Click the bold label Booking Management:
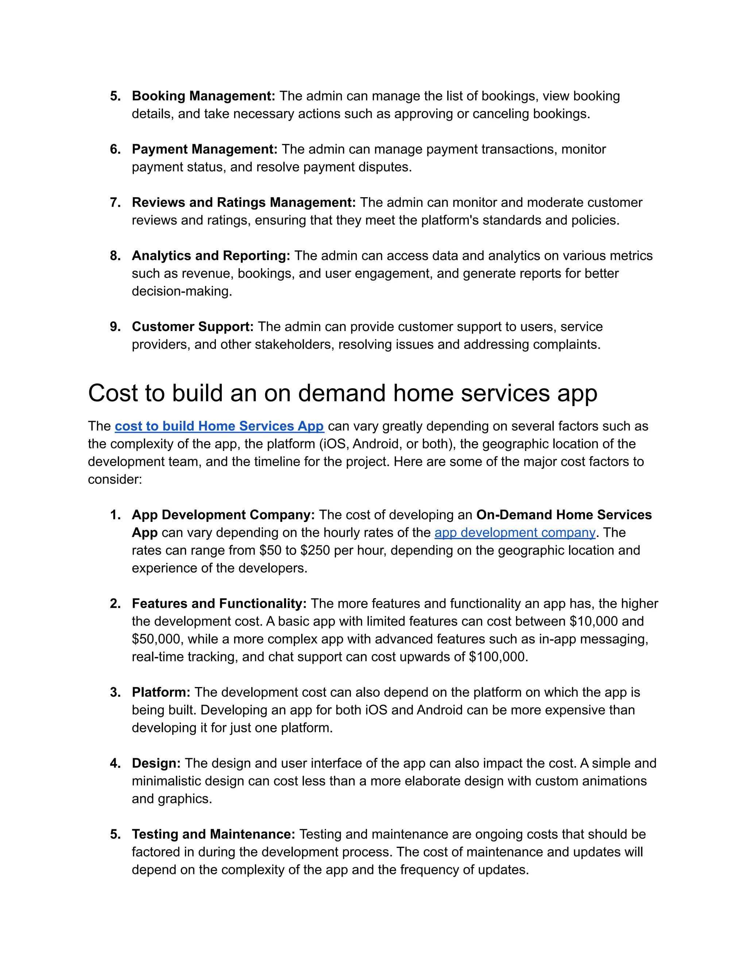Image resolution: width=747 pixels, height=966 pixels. click(203, 96)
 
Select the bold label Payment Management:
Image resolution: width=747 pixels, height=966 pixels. click(205, 149)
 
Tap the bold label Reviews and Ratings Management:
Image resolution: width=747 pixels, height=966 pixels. click(243, 202)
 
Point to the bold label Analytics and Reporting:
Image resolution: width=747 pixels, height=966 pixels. click(211, 255)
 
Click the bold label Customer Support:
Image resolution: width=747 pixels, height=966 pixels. click(193, 326)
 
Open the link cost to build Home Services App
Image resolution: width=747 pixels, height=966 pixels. click(219, 426)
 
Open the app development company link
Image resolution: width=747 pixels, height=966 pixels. click(515, 533)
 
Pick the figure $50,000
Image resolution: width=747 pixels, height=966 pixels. click(156, 639)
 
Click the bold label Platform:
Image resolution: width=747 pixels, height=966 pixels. click(160, 692)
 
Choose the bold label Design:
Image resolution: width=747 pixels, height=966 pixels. click(156, 763)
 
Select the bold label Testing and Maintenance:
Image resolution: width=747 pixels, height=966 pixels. click(213, 834)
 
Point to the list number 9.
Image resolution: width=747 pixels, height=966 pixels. click(115, 326)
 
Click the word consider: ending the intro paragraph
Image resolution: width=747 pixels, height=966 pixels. click(115, 479)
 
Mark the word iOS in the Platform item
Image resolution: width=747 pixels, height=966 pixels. click(376, 710)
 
